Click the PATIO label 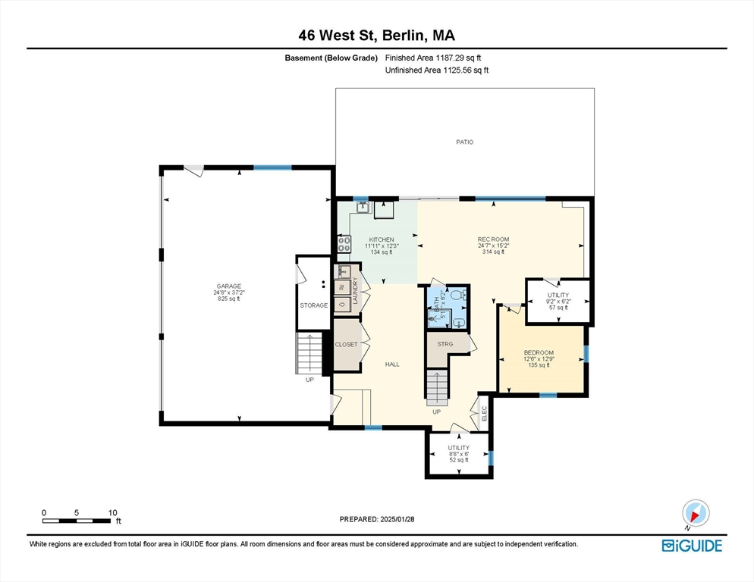[x=464, y=142]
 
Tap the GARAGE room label [x=228, y=286]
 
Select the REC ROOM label [x=493, y=239]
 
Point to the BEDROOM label [x=539, y=352]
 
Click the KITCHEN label [x=382, y=239]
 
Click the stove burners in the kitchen [x=344, y=244]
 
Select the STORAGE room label [x=314, y=305]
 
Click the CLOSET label [x=346, y=345]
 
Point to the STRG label [x=445, y=344]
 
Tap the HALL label [x=392, y=365]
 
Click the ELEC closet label [x=484, y=414]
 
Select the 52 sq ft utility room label [x=459, y=460]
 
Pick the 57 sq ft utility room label [x=558, y=308]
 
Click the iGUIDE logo [x=692, y=546]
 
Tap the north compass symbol [x=696, y=513]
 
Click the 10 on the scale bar [x=112, y=513]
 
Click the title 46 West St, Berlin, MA [x=376, y=36]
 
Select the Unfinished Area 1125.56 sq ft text [x=437, y=70]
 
